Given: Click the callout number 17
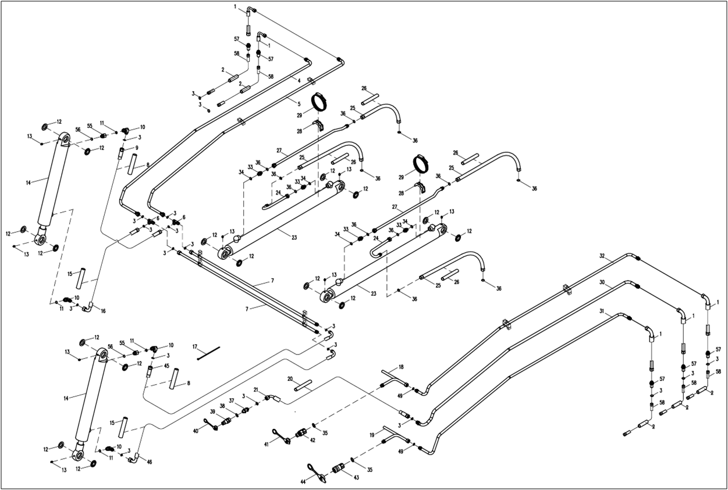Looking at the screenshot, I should [x=196, y=347].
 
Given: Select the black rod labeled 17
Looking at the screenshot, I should [x=209, y=353].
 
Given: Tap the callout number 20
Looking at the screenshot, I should [x=290, y=378].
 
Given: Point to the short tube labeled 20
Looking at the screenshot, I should [x=303, y=385].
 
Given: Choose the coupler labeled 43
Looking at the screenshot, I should [x=338, y=468].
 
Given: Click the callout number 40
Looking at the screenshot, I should [x=196, y=431].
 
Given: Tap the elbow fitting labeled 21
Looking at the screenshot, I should [x=272, y=398].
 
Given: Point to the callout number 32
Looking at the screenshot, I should [x=602, y=256].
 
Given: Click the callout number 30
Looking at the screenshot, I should [x=602, y=282].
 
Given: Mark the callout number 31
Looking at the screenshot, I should [x=602, y=313].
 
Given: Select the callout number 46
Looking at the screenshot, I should [x=150, y=462].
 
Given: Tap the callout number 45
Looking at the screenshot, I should [x=166, y=366].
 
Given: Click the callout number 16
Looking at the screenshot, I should [x=104, y=312].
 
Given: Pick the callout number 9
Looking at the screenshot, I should [x=136, y=148].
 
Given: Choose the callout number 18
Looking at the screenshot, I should [x=401, y=367].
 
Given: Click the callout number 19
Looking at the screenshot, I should [x=371, y=434].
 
